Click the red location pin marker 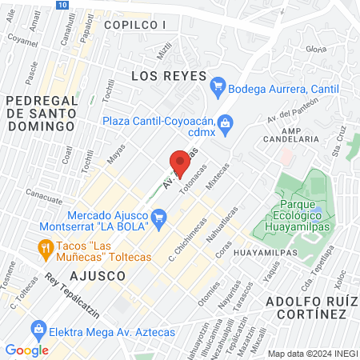coord(180,165)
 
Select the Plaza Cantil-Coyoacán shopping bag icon coord(227,122)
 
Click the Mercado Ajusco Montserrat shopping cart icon coord(158,216)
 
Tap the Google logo coord(26,350)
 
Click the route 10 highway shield coord(62,5)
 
